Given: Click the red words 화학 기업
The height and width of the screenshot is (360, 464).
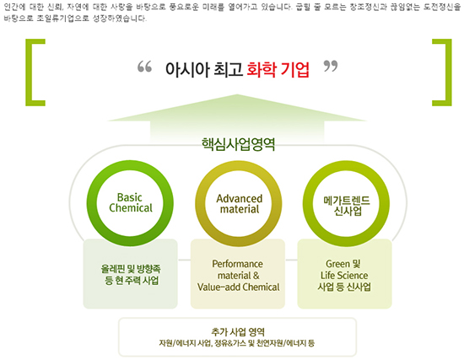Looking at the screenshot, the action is tap(278, 69).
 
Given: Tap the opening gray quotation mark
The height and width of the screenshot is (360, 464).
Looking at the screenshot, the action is tap(145, 67).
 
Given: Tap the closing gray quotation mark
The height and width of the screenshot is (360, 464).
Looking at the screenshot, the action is tap(331, 67).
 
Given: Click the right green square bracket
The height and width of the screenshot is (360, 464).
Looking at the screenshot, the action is tap(448, 73).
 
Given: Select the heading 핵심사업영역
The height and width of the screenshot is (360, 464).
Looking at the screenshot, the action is tap(238, 144).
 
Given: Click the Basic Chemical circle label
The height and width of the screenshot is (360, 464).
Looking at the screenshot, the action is tap(131, 202).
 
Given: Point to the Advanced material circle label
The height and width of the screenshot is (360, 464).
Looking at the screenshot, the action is tap(240, 204).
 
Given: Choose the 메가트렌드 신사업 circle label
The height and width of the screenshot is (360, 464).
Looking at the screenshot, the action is tap(347, 206).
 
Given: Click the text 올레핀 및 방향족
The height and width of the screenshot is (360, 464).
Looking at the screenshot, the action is tap(131, 269).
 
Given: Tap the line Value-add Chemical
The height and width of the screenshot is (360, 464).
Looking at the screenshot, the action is tap(238, 287).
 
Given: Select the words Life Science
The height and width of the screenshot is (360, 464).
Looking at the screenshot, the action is tap(344, 276).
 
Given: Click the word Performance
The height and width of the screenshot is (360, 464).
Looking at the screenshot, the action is tap(237, 264).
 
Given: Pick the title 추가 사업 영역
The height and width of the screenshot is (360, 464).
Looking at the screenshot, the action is tap(238, 332).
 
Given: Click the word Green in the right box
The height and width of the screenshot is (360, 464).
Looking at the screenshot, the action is tap(337, 264).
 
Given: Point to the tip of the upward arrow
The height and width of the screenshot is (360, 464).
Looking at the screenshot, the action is tap(237, 94).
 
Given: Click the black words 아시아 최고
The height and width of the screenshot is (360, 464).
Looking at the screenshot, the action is tap(204, 69).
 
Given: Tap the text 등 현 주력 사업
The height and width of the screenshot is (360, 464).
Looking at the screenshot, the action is tap(132, 281).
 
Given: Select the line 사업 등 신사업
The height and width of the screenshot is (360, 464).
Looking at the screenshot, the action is tap(344, 287).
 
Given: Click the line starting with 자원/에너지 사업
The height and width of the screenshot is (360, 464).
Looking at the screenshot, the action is tap(237, 343).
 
